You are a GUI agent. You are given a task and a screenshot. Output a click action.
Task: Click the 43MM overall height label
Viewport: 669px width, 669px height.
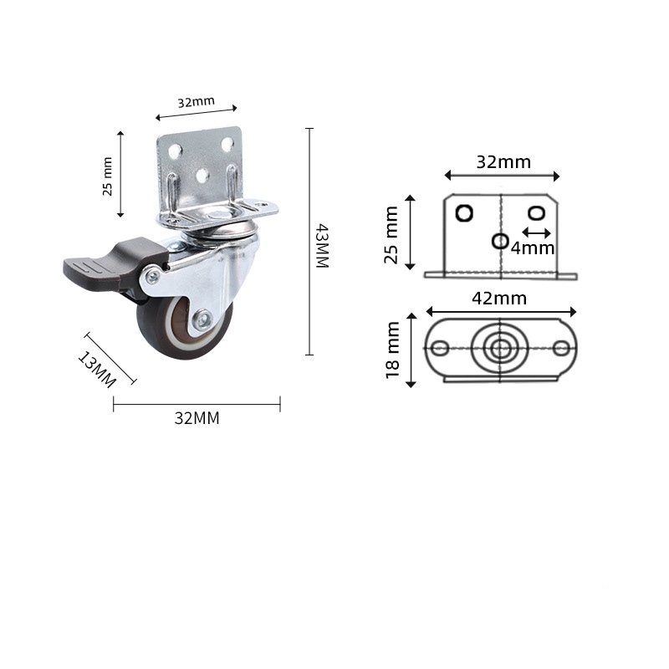322,245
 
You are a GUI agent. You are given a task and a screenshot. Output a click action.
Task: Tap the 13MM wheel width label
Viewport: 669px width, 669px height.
96,369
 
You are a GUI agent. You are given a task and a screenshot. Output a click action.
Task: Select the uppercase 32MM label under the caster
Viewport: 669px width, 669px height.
197,419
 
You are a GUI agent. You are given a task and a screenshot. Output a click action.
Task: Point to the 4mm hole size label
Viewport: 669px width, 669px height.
534,248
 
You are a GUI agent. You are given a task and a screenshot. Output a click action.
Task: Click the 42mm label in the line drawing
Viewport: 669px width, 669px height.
500,299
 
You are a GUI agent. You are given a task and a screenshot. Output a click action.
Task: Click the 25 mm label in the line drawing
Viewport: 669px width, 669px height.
391,235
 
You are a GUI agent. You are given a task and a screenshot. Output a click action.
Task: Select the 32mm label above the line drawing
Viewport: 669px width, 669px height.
503,162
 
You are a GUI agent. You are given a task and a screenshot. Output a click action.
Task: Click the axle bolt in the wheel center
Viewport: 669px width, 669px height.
202,318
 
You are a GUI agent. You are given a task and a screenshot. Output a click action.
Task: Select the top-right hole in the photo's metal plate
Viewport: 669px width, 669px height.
227,144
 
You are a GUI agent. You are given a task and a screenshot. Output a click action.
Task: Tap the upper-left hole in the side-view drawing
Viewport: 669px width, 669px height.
463,212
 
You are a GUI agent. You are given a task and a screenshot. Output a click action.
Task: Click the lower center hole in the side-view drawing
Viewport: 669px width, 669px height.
500,241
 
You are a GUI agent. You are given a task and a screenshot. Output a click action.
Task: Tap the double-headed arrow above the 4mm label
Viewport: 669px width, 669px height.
536,232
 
